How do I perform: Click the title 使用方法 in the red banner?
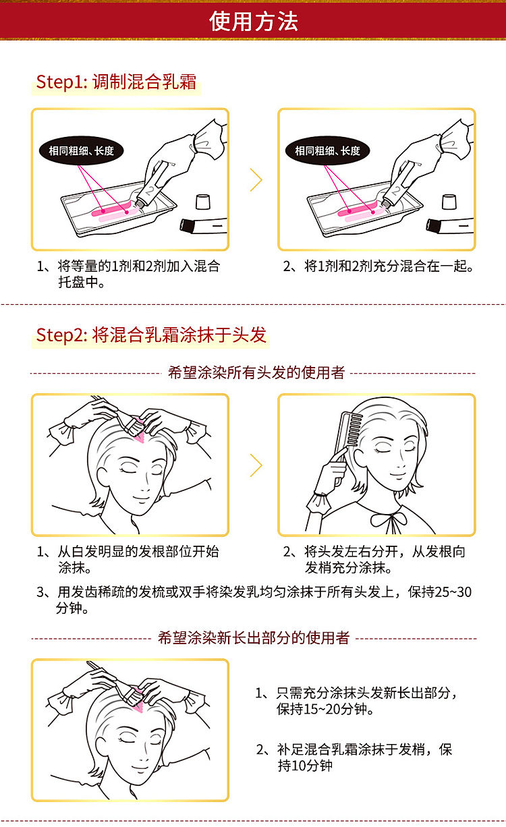(254, 21)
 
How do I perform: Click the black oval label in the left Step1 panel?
(81, 150)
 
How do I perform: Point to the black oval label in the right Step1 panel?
(328, 150)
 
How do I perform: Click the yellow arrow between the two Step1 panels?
(256, 180)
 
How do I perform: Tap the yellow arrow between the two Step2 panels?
(256, 465)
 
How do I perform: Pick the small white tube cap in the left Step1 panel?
(203, 202)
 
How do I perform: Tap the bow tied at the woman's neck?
(389, 519)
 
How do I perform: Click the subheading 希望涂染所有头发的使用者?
(256, 373)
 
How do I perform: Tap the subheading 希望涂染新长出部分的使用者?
(254, 637)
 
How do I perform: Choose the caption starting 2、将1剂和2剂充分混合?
(378, 266)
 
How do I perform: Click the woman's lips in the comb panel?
(398, 474)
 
